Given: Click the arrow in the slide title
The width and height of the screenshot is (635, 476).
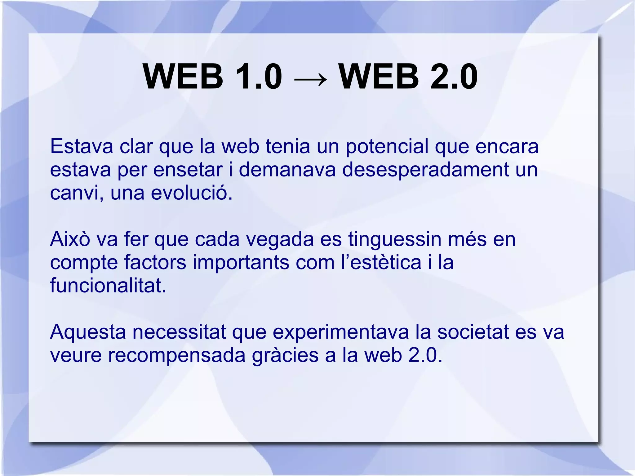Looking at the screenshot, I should (310, 78).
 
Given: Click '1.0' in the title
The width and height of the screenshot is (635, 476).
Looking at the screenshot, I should (259, 77).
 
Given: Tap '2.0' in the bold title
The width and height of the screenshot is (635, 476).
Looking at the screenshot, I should (454, 77).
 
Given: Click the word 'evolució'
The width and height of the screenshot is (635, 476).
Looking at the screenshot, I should (191, 193).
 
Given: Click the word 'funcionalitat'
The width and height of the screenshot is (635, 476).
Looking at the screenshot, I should (108, 285).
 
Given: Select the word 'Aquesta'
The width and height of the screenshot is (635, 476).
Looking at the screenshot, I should (88, 332).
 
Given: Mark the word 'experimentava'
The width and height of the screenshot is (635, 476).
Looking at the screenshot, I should (341, 332).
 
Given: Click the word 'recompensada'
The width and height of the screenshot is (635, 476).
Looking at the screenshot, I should (177, 355).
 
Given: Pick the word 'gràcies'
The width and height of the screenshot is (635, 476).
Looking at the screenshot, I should (285, 355).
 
